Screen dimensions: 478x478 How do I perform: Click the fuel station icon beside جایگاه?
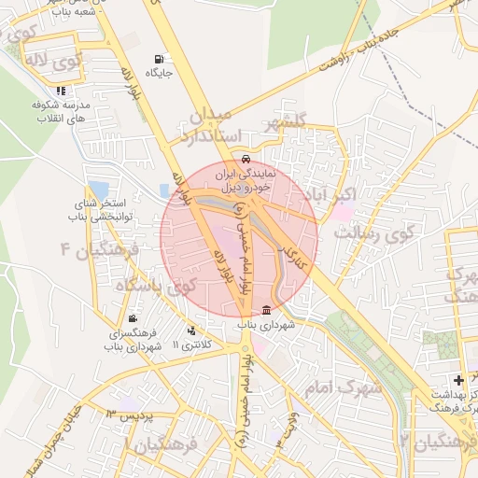tap(154, 59)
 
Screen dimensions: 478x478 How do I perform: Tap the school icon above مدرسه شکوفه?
tap(61, 91)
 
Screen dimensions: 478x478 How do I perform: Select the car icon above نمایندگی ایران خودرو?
tap(245, 159)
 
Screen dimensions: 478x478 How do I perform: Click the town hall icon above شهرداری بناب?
tap(267, 310)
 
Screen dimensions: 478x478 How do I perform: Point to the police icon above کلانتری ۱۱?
tap(192, 330)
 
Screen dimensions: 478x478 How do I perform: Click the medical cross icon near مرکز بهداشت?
tap(457, 380)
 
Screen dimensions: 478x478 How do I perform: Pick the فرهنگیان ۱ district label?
tap(177, 446)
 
